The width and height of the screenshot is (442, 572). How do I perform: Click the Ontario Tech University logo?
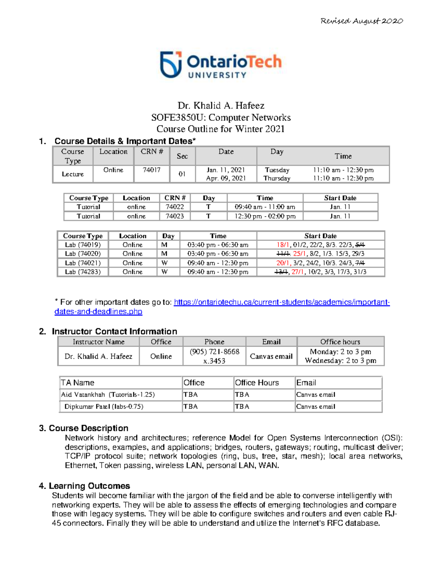(x=221, y=65)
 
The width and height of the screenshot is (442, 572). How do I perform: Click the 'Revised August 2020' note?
(x=361, y=21)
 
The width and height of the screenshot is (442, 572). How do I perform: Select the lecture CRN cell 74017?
(x=151, y=170)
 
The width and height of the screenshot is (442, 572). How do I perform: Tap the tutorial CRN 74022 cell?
(x=175, y=207)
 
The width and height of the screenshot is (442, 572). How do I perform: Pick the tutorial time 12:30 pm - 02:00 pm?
(x=265, y=216)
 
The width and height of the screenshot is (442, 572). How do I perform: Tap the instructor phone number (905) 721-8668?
(x=214, y=352)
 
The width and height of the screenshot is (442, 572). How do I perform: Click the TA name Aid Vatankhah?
(x=83, y=394)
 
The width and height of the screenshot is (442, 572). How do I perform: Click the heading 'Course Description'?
(x=88, y=428)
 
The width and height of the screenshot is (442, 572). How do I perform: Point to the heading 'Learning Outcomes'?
(x=89, y=486)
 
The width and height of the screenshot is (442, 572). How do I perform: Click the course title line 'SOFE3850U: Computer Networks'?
(x=221, y=117)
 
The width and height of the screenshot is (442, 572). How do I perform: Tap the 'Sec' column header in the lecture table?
(x=182, y=156)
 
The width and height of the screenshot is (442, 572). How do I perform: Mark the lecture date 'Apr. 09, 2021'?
(x=226, y=178)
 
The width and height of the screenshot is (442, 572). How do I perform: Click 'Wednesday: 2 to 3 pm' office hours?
(x=340, y=361)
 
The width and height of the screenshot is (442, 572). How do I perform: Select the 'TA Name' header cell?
(x=78, y=383)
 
